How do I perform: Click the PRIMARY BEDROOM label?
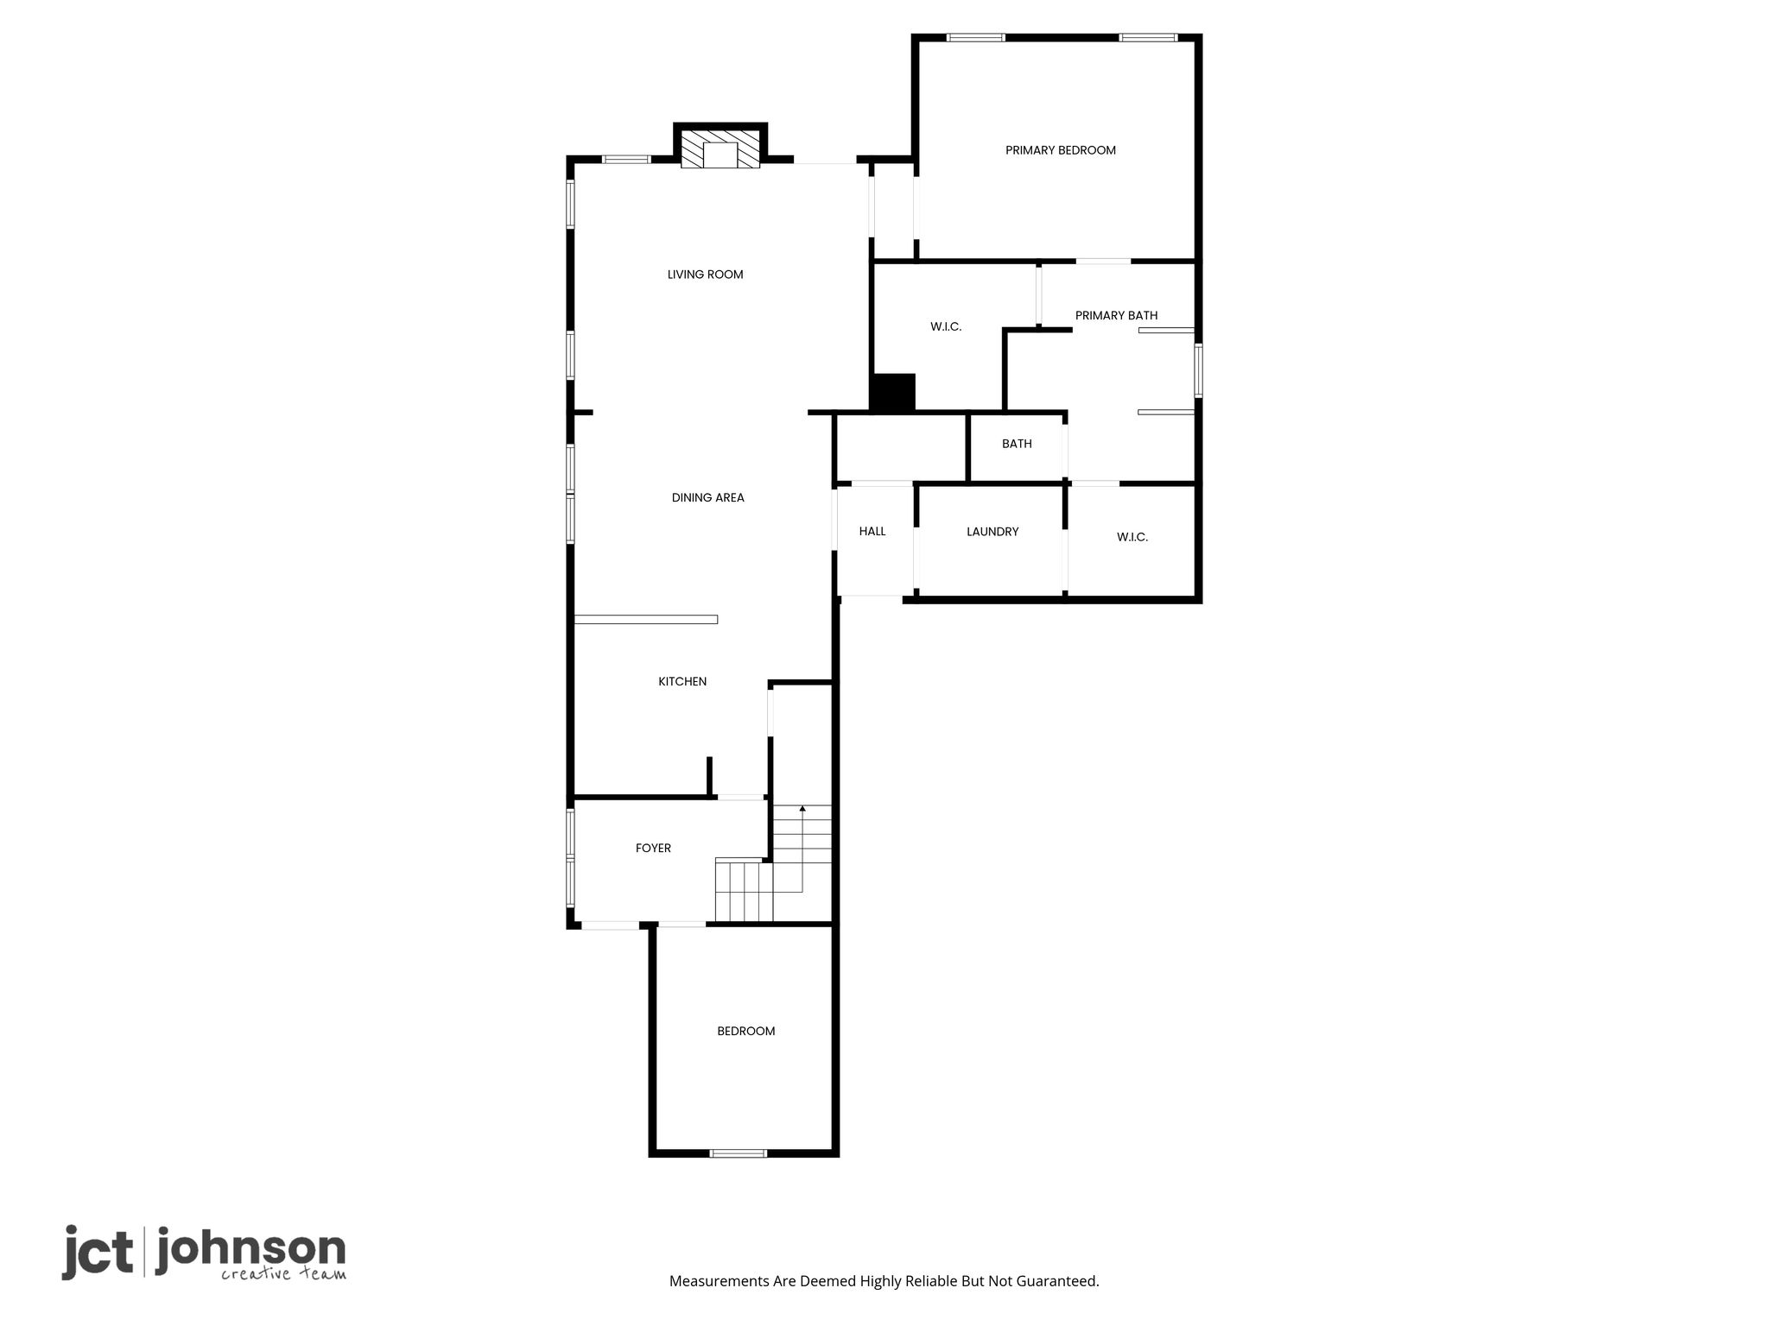(x=1060, y=150)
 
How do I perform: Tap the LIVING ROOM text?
(x=705, y=275)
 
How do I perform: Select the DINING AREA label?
(x=707, y=497)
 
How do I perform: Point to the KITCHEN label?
(x=682, y=681)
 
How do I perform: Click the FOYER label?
(x=653, y=848)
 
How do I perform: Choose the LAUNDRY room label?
(x=992, y=532)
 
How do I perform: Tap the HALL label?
(x=872, y=532)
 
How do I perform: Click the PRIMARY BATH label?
(x=1116, y=315)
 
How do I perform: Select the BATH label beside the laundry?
(x=1017, y=444)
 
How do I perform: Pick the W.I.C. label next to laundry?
(x=1132, y=537)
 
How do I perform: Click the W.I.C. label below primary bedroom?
(x=946, y=326)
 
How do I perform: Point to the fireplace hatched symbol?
(x=720, y=148)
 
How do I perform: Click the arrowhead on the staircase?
(x=802, y=809)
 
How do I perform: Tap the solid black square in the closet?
(x=892, y=393)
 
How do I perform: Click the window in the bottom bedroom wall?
(x=737, y=1152)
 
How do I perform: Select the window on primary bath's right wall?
(x=1198, y=371)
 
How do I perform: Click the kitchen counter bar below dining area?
(x=646, y=619)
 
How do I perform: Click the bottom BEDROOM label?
(x=745, y=1031)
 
